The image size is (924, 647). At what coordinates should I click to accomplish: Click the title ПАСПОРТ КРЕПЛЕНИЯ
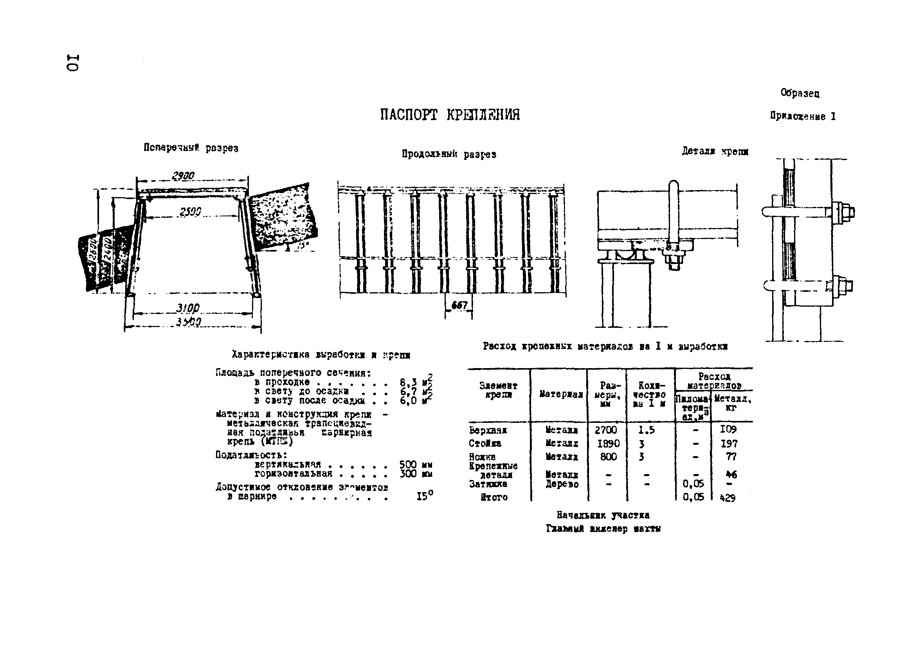(450, 115)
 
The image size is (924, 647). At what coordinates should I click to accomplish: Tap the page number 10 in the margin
(73, 62)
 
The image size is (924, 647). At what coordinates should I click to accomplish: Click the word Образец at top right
(800, 93)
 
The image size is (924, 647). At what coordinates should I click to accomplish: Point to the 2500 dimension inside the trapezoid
(190, 211)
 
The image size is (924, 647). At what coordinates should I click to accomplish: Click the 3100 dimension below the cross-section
(187, 308)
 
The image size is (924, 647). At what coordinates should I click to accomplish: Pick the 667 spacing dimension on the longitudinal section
(459, 305)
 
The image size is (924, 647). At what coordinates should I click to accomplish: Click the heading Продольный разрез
(449, 154)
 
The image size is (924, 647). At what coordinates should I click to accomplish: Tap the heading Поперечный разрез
(191, 148)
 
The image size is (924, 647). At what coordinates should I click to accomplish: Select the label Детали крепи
(715, 151)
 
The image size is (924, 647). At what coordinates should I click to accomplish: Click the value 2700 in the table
(606, 430)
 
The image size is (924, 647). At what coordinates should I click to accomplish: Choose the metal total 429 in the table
(727, 498)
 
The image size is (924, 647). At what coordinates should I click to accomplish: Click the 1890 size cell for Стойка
(608, 444)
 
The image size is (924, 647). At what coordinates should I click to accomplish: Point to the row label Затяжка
(488, 484)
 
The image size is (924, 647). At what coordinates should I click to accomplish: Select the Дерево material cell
(562, 484)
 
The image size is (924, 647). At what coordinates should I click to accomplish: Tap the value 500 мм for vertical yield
(415, 465)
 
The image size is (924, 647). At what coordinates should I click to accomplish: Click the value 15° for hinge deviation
(425, 496)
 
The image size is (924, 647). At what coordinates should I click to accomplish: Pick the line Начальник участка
(603, 515)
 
